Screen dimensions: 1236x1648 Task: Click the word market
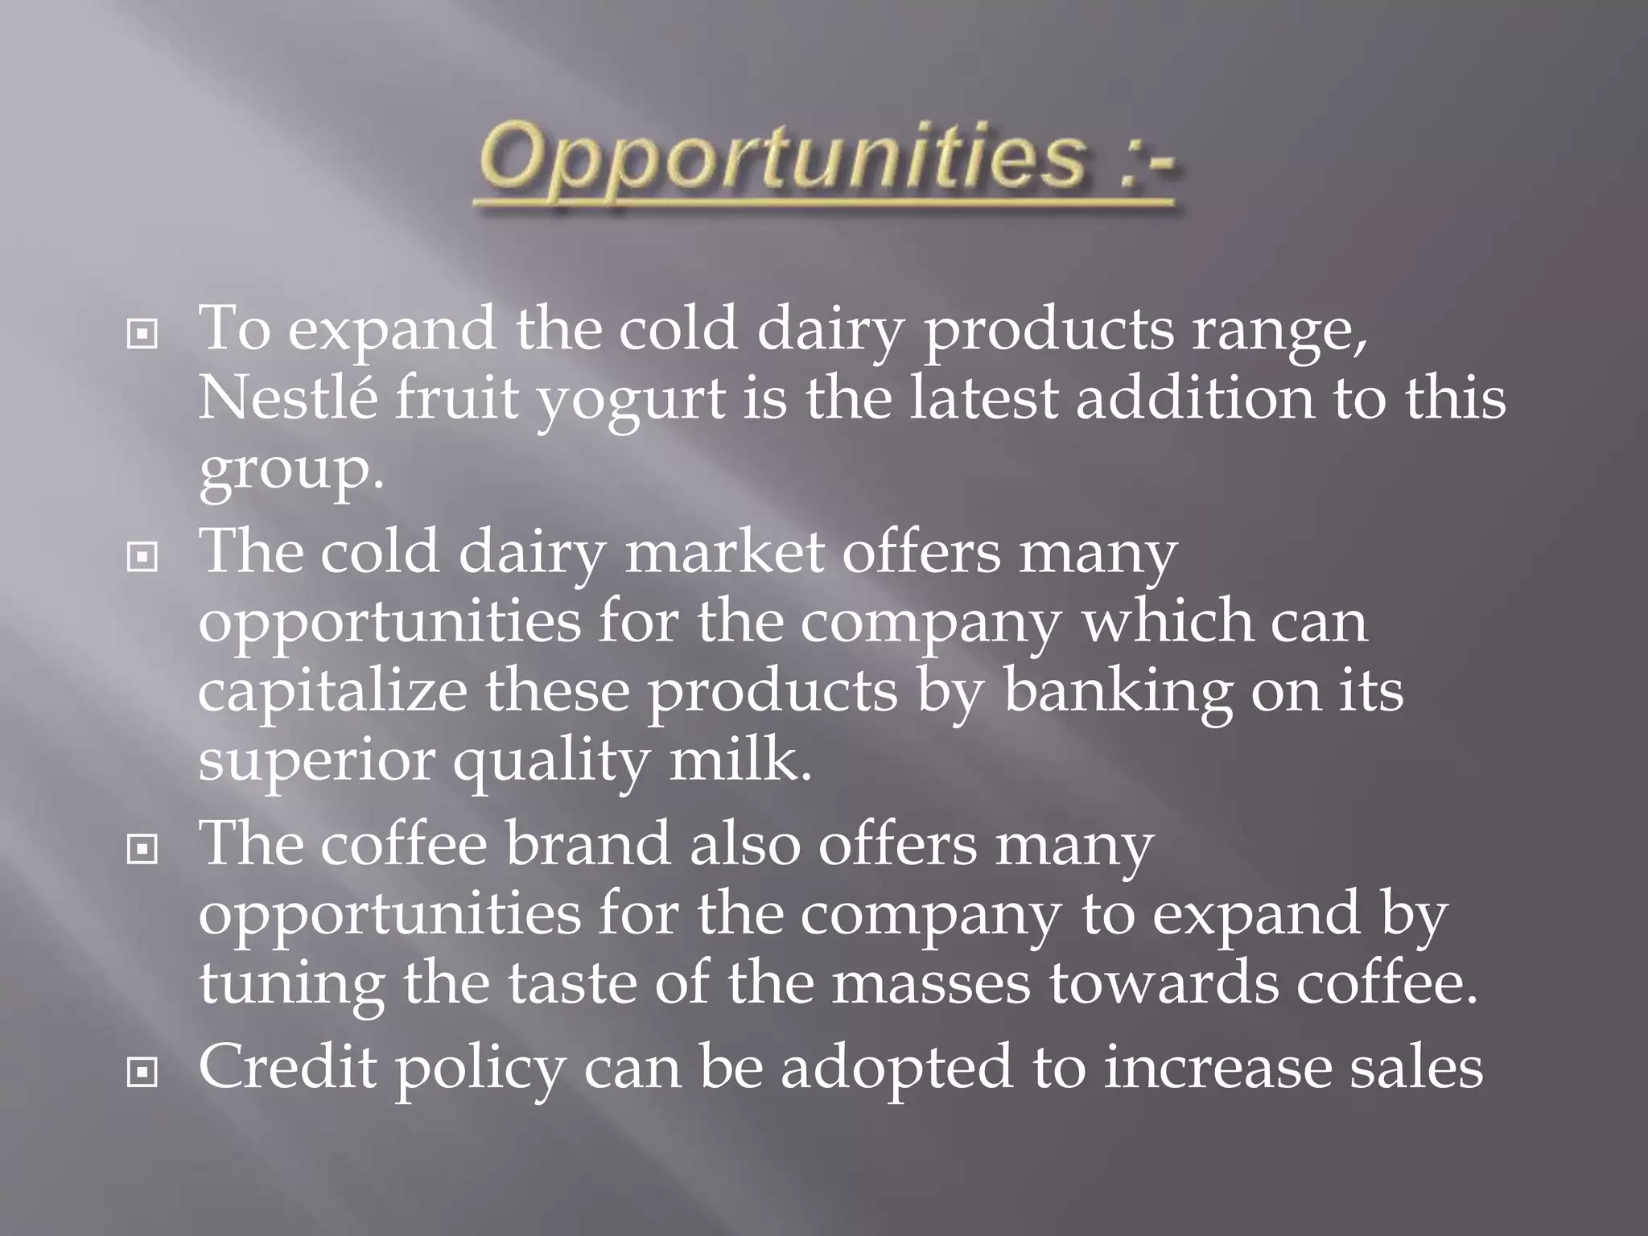[724, 553]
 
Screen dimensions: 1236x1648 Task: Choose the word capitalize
[332, 692]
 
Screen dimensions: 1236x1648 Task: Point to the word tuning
[291, 985]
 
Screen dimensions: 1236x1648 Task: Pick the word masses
[930, 985]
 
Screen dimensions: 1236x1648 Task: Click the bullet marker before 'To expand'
[142, 334]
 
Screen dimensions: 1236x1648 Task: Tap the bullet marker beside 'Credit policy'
[142, 1072]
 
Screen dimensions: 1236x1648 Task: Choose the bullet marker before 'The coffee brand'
[142, 849]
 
